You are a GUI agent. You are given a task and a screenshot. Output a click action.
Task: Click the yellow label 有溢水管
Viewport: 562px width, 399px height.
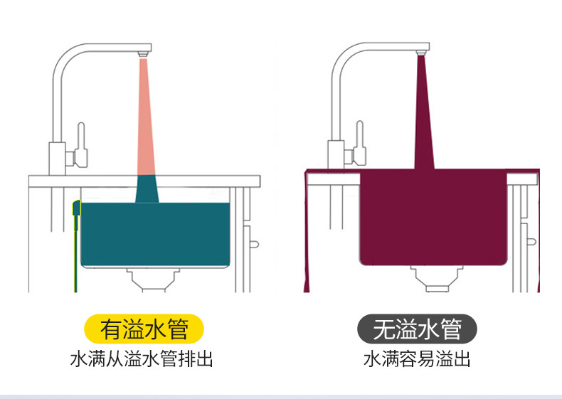144,329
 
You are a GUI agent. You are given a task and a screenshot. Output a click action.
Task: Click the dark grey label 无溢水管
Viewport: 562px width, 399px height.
418,329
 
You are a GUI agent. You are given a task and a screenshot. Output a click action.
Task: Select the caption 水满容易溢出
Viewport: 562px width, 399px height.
418,358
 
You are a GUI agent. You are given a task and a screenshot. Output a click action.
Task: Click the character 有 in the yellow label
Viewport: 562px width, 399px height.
112,329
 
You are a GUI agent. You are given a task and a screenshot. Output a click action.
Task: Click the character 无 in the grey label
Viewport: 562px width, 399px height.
385,329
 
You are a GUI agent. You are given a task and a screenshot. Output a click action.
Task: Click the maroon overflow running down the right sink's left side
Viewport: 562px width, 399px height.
308,235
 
